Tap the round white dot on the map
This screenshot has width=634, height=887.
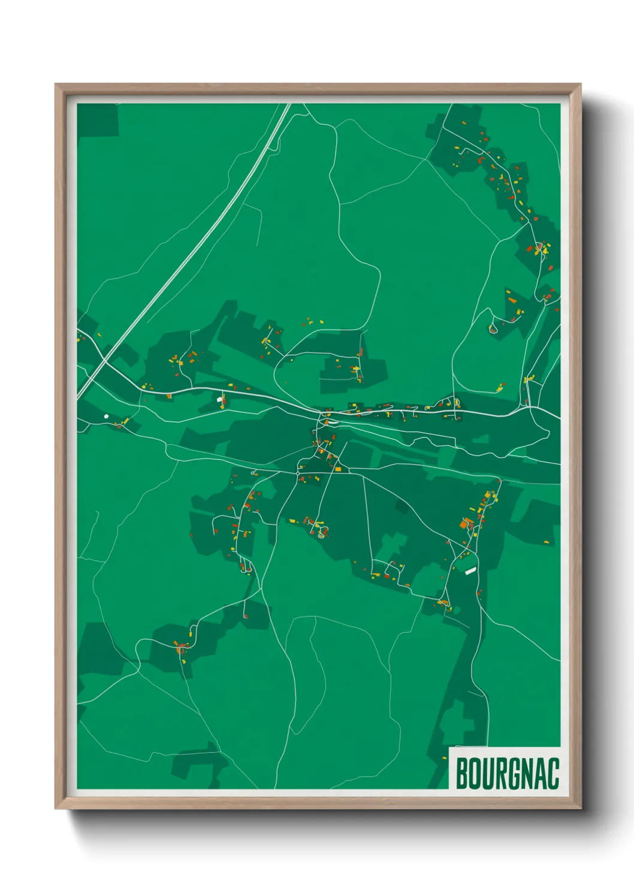click(106, 415)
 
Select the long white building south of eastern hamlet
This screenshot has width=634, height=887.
click(470, 571)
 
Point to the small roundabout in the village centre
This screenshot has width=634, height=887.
click(298, 473)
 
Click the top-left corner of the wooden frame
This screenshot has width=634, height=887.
click(56, 85)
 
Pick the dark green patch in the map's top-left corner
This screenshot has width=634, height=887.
click(96, 119)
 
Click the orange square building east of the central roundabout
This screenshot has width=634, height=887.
click(337, 469)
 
